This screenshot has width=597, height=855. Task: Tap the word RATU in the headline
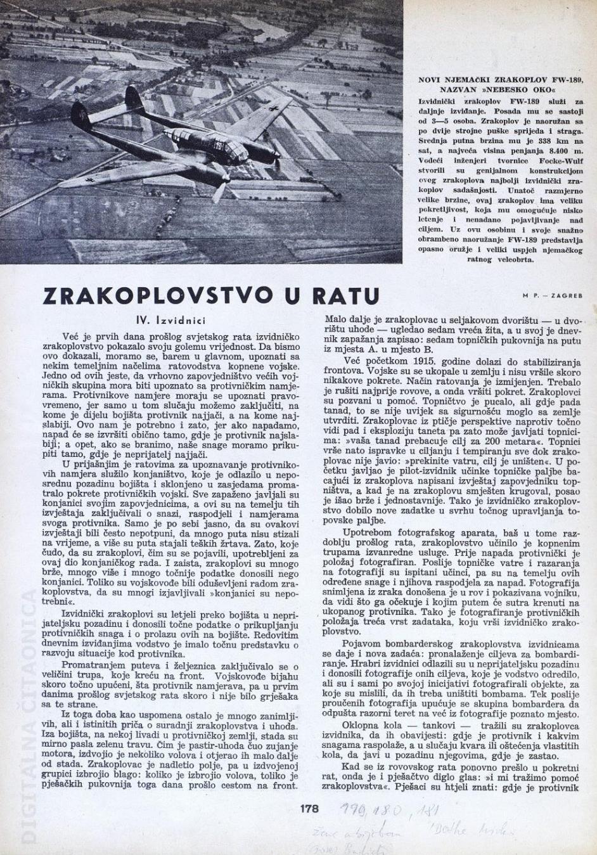click(346, 296)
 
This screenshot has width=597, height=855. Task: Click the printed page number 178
click(309, 808)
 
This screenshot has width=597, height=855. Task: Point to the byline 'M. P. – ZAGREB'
click(553, 295)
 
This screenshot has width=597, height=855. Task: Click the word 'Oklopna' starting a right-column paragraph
click(361, 724)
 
